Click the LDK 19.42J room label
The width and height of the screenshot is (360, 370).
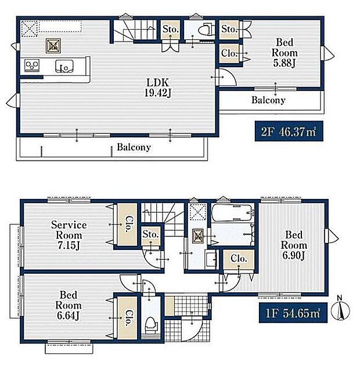point(158,88)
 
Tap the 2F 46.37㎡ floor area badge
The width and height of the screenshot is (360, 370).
point(289,131)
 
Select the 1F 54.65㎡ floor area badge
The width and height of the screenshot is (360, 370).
point(293,313)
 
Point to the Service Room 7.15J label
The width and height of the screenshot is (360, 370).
point(69,235)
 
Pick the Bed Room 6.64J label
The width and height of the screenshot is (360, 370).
point(69,305)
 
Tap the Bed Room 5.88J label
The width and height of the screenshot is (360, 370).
point(285,53)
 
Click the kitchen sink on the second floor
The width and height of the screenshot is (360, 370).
point(64,66)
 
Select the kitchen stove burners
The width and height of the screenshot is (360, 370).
point(32,65)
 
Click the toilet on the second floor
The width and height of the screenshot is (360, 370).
point(206,29)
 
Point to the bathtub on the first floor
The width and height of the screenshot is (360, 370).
point(232,212)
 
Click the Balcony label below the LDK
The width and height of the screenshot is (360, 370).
point(134,147)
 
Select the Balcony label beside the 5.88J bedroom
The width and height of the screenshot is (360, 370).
point(268,100)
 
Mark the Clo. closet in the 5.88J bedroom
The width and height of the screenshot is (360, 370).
point(229,53)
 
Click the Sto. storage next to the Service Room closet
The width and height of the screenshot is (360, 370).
point(150,234)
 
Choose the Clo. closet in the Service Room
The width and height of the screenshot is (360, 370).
point(128,224)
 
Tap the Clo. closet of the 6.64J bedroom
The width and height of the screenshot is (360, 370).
point(128,318)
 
